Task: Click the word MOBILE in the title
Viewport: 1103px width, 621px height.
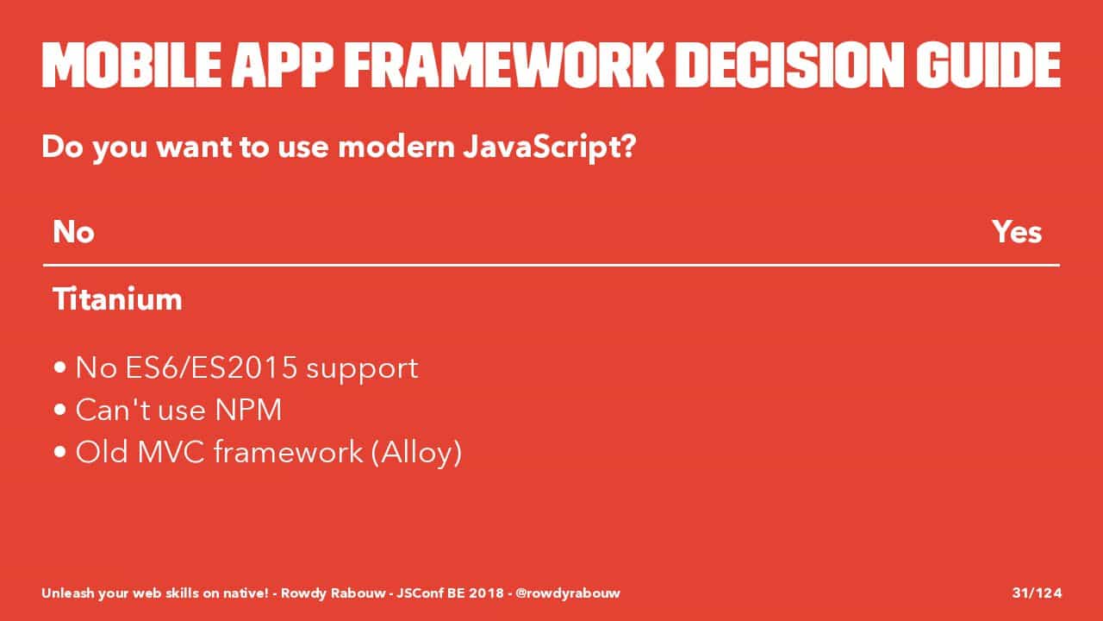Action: tap(132, 65)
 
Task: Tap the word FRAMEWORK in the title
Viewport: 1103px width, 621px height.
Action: tap(503, 65)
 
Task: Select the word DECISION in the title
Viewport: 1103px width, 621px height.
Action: tap(790, 65)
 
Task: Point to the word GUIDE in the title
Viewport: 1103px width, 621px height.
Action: tap(988, 65)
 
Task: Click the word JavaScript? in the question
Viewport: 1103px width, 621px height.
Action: tap(550, 147)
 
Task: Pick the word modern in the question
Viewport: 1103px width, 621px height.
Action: tap(396, 147)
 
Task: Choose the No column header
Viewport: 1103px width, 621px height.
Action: tap(73, 232)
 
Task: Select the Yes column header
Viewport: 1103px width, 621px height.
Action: tap(1017, 232)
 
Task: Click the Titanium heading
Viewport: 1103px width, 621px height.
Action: tap(117, 298)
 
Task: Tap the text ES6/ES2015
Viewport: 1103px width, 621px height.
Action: tap(211, 367)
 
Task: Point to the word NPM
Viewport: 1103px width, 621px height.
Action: tap(248, 410)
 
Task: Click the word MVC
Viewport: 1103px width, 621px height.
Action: tap(171, 451)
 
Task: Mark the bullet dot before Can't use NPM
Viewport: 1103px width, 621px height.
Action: tap(60, 410)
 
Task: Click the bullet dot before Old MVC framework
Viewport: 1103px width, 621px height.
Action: tap(60, 451)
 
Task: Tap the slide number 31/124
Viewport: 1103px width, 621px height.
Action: tap(1037, 593)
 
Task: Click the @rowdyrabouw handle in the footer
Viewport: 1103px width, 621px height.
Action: tap(568, 593)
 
